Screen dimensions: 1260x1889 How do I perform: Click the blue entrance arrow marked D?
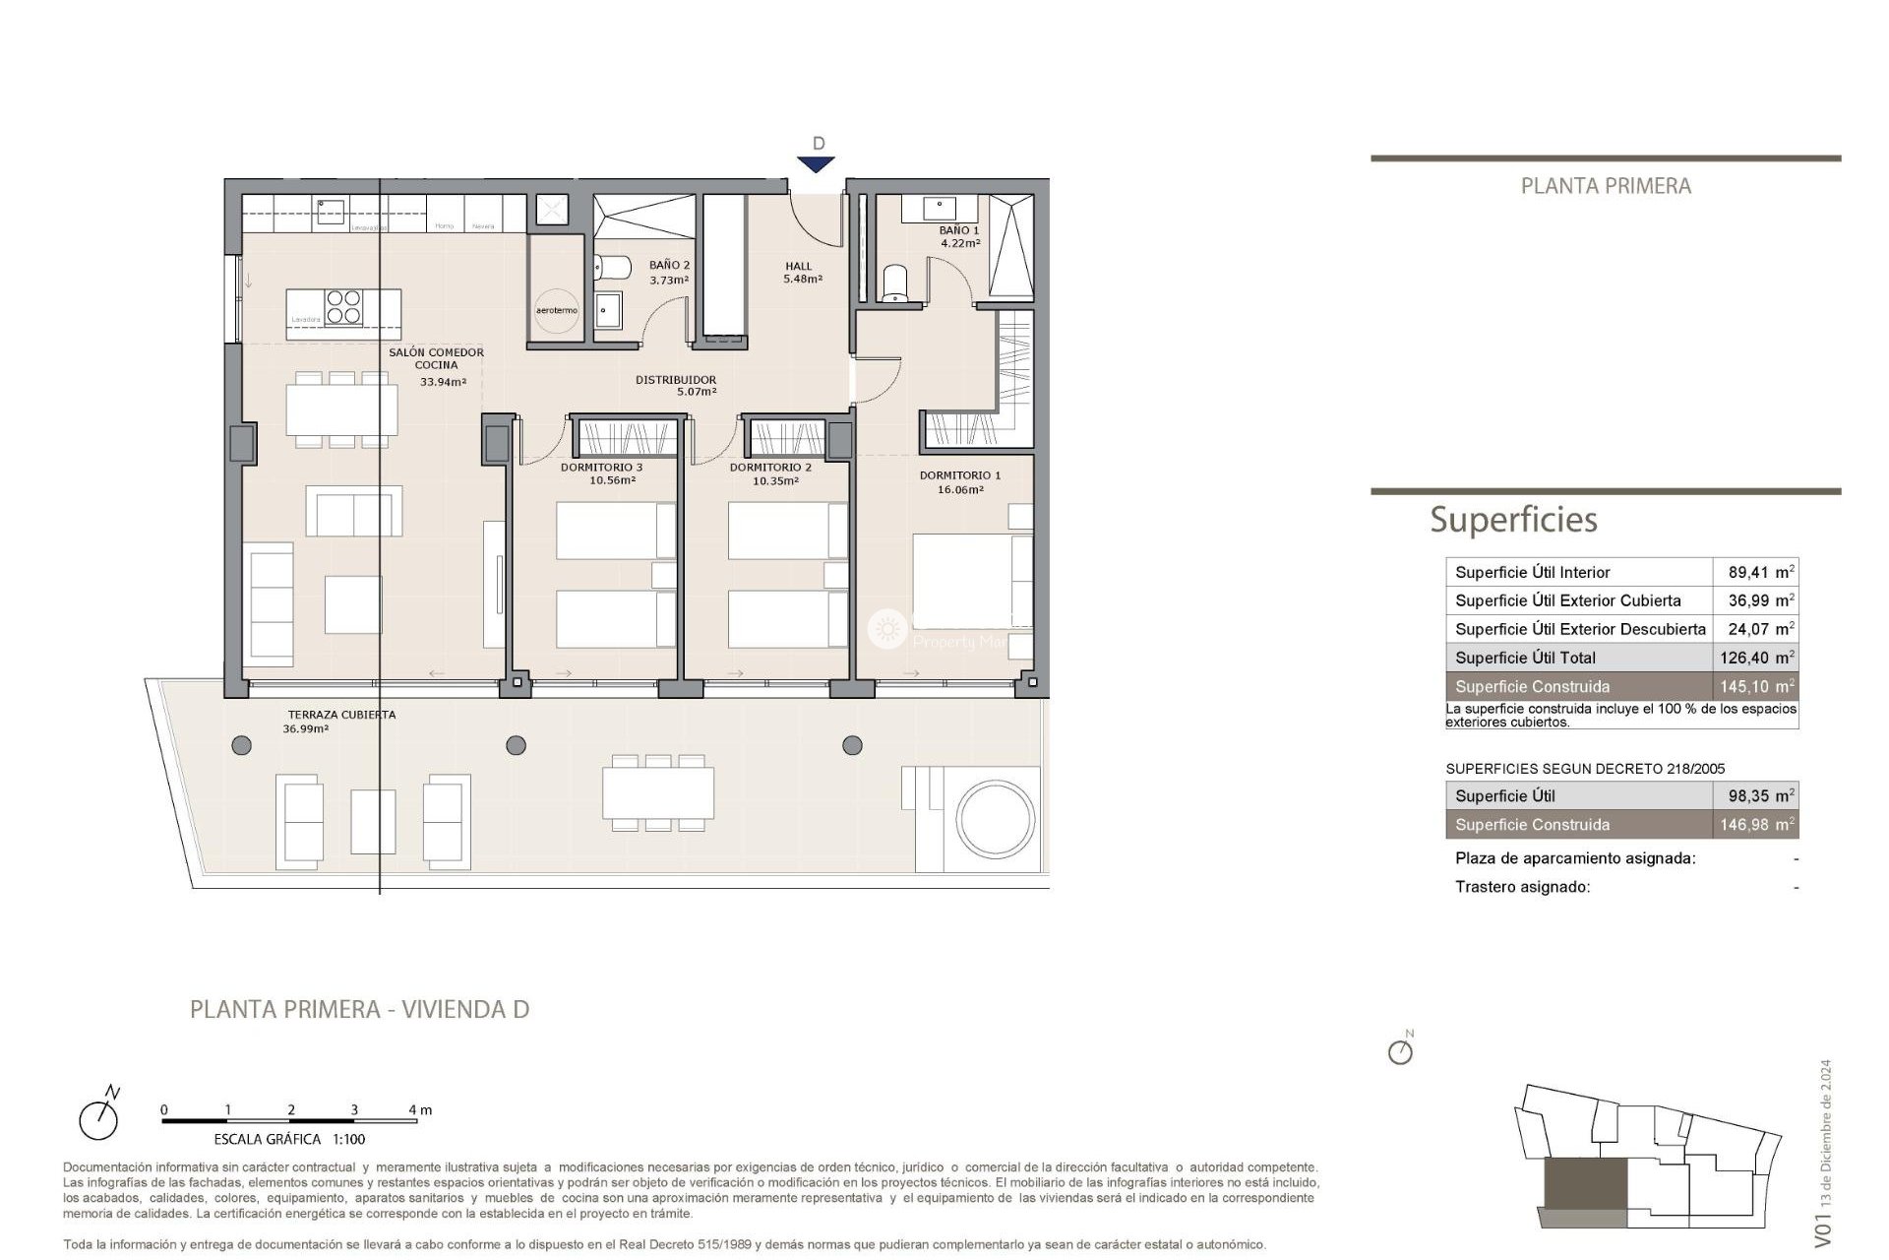coord(818,163)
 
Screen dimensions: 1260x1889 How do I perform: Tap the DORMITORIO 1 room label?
coord(960,475)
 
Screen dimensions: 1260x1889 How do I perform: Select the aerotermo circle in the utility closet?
coord(556,309)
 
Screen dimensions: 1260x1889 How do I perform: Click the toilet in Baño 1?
coord(895,282)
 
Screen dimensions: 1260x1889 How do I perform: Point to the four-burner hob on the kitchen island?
coord(343,306)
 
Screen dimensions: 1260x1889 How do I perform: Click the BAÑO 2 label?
coord(669,266)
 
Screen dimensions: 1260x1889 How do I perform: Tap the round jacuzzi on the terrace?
coord(997,820)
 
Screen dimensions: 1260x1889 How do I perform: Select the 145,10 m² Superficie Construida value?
coord(1757,686)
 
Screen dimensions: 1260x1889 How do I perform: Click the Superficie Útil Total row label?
coord(1525,658)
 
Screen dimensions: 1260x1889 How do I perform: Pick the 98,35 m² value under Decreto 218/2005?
coord(1757,795)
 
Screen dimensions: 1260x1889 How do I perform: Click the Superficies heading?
coord(1513,519)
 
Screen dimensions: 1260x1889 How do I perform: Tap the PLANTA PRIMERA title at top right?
coord(1606,186)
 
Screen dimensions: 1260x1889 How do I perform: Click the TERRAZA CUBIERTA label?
coord(341,715)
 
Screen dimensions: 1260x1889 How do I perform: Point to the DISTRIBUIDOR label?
coord(676,380)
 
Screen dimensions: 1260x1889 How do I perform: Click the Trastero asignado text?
coord(1522,887)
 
